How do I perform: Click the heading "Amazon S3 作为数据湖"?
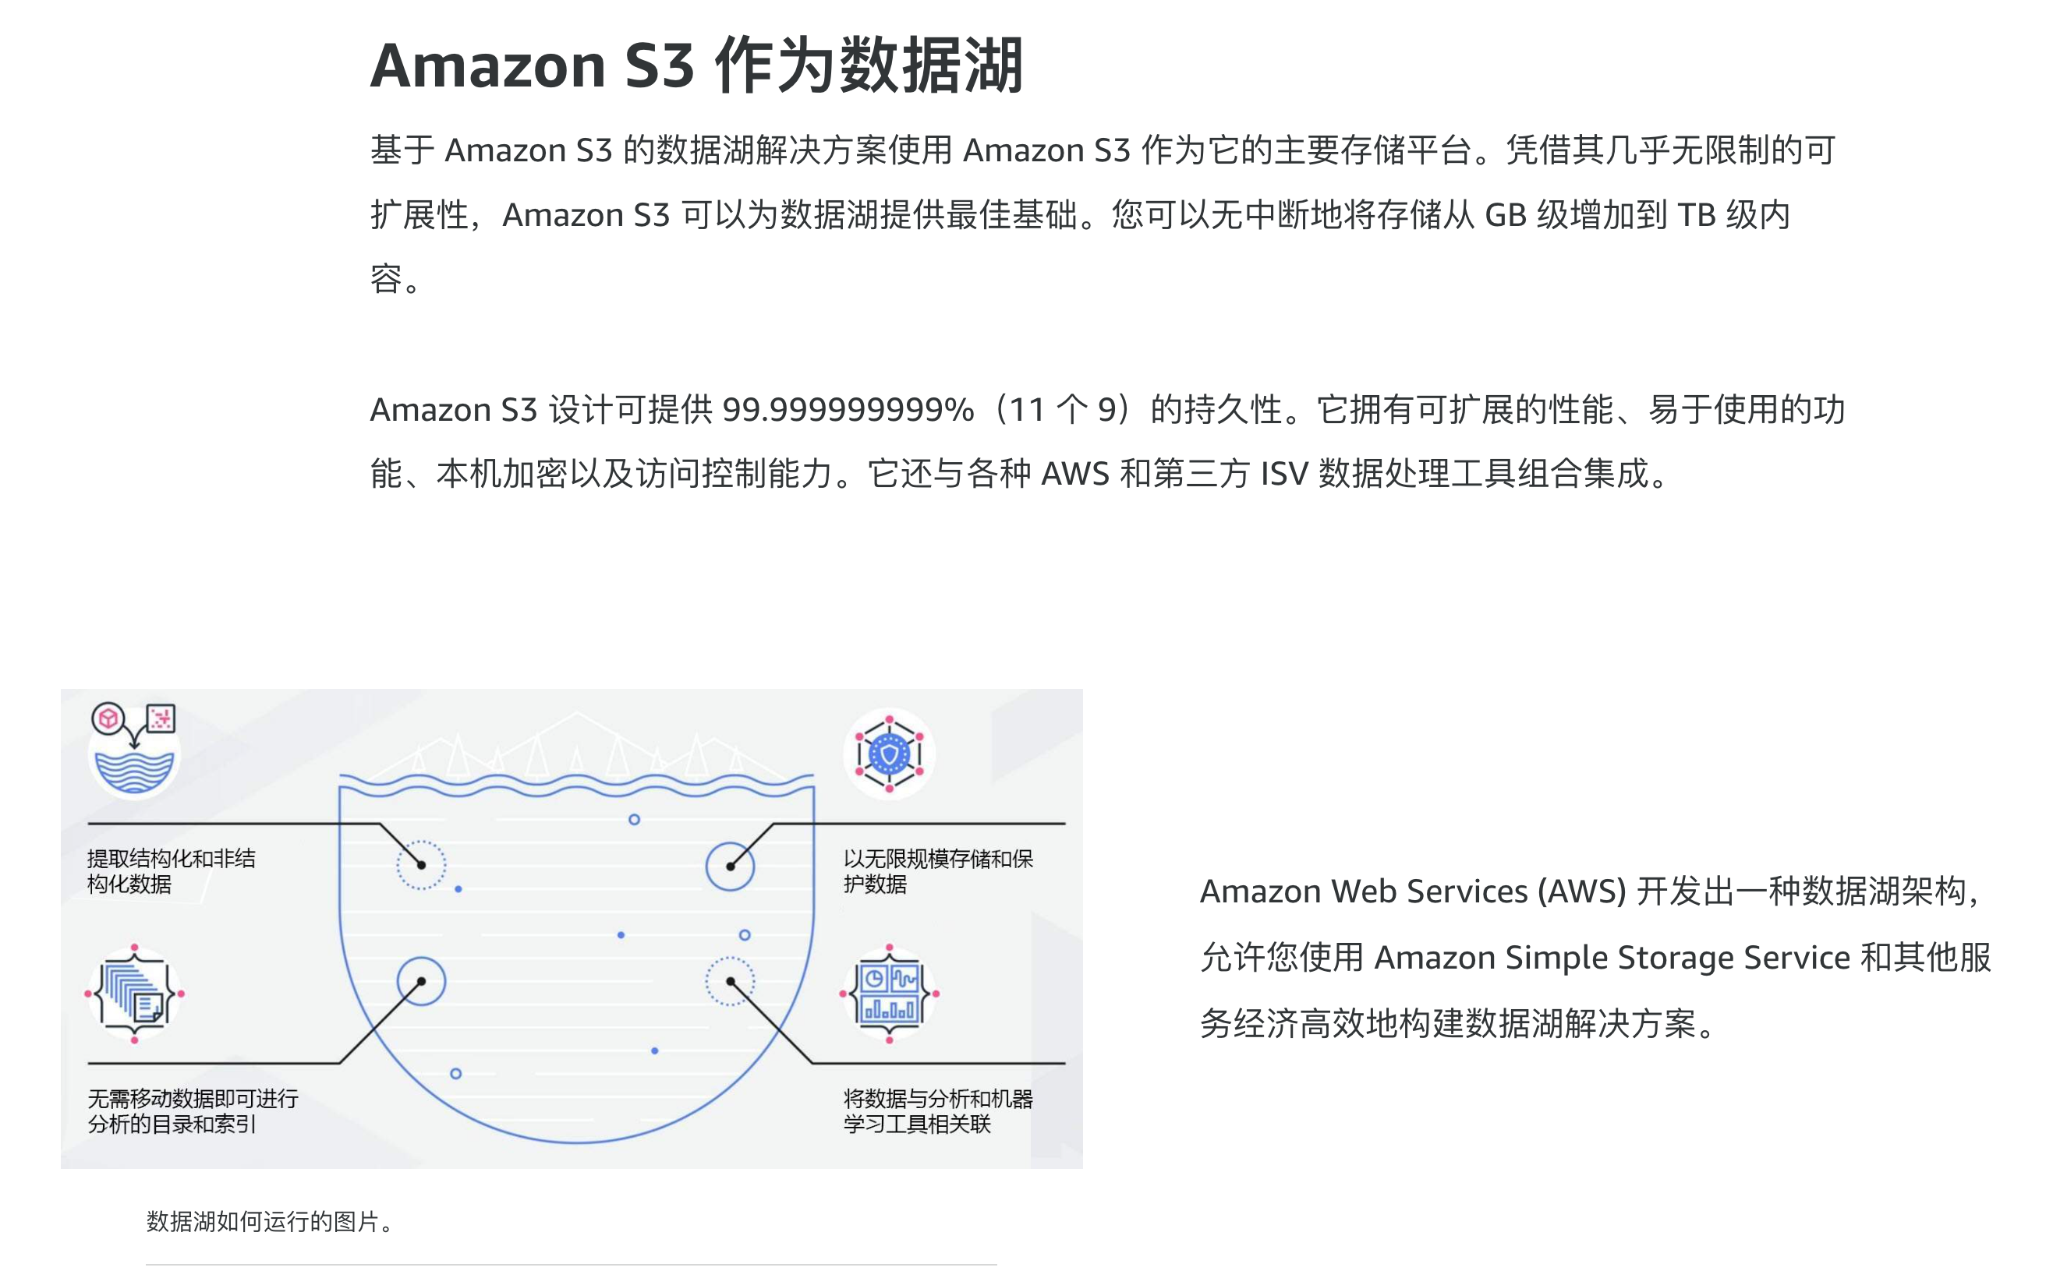pos(696,66)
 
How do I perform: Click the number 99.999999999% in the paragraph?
pos(847,410)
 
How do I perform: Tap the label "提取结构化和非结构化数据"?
pos(171,871)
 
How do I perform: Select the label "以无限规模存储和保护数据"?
pos(937,871)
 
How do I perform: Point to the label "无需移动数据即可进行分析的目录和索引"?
pos(193,1110)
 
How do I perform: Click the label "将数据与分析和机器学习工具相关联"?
pos(937,1110)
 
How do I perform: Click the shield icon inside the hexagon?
pos(889,753)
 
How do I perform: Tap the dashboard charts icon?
pos(889,993)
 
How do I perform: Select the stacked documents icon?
pos(134,993)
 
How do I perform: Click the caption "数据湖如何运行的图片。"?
pos(269,1221)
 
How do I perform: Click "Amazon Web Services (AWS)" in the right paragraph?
pos(1413,891)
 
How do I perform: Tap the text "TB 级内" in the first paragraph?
pos(1733,215)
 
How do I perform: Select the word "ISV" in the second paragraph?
pos(1283,473)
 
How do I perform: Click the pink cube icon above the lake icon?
pos(108,718)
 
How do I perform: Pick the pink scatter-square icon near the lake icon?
pos(161,718)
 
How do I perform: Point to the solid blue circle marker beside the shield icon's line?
pos(730,866)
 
